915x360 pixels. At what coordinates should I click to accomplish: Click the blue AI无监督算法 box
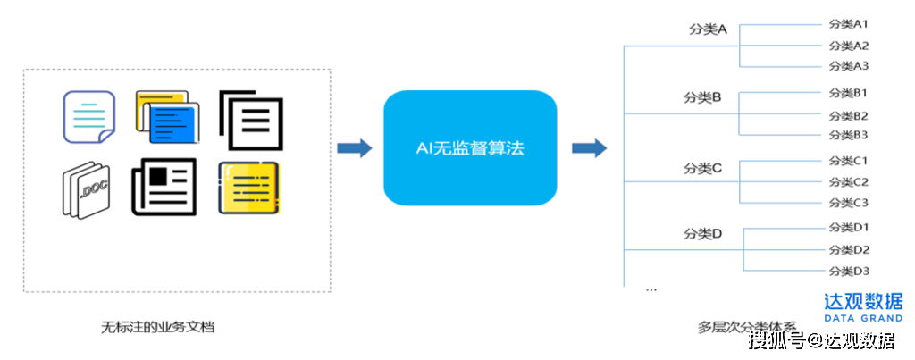(470, 148)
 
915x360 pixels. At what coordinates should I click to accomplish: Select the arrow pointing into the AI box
(355, 148)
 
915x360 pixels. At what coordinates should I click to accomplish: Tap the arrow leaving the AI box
(589, 148)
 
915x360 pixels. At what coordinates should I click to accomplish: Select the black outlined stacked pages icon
(251, 119)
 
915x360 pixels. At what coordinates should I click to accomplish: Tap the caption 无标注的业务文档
(158, 327)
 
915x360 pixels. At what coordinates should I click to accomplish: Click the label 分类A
(708, 29)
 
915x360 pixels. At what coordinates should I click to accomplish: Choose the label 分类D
(702, 234)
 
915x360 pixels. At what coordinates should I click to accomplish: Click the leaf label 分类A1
(848, 24)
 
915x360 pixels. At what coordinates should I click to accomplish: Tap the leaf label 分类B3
(848, 135)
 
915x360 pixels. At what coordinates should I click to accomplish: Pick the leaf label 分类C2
(848, 181)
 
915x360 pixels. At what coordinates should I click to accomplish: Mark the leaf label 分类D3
(848, 271)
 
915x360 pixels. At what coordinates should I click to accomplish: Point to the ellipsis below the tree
(651, 289)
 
